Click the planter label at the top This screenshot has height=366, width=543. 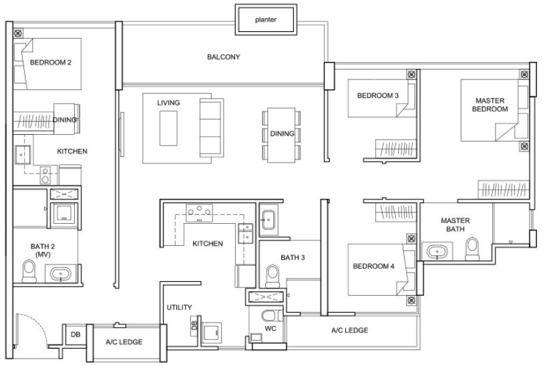(265, 20)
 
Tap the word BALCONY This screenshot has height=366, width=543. (223, 57)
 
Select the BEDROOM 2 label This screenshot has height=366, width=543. (51, 63)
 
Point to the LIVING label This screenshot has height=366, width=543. (168, 103)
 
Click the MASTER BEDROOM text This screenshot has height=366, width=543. (490, 105)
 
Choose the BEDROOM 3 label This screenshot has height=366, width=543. (377, 96)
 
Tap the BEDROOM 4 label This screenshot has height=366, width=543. (373, 266)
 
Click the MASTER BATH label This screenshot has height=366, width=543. (455, 225)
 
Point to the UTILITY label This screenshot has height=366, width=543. (179, 308)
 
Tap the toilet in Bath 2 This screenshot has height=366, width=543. (29, 270)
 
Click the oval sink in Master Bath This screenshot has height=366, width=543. (438, 252)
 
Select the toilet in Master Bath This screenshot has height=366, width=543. (472, 249)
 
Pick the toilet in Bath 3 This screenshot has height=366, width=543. (272, 274)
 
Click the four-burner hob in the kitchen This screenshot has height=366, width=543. (198, 212)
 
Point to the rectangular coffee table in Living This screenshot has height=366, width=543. (168, 128)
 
